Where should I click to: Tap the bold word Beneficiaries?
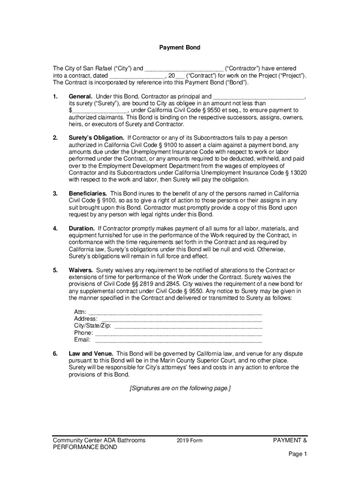point(88,193)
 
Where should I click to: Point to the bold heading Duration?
point(82,228)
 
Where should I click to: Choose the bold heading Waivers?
point(81,270)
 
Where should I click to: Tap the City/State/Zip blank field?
point(188,327)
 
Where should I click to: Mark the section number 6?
point(55,354)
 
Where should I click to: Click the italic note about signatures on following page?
point(180,388)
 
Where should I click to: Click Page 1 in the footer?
point(297,454)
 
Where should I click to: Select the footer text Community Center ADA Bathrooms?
point(99,440)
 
